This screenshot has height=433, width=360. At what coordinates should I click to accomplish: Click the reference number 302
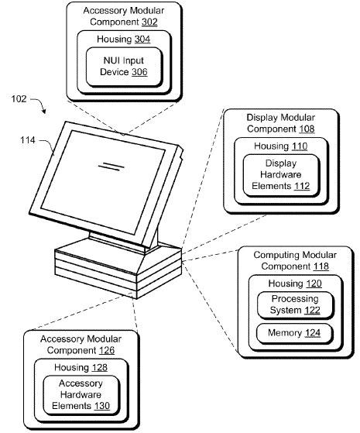pos(149,22)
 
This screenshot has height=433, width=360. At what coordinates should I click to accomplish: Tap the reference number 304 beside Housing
pos(142,40)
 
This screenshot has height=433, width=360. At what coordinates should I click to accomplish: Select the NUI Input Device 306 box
pos(124,67)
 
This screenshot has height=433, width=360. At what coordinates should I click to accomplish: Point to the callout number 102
pos(19,98)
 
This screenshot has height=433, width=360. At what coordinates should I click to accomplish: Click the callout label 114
pos(28,140)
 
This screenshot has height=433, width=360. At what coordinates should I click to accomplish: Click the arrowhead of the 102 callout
pos(43,111)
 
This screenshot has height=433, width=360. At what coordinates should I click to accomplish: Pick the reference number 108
pos(307,129)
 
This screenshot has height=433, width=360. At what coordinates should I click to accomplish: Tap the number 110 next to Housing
pos(300,146)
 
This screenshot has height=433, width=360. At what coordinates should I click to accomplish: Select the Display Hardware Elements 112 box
pos(281,175)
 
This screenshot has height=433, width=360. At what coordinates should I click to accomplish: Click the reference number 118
pos(321,266)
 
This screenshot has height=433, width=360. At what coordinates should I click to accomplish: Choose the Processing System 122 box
pos(296,305)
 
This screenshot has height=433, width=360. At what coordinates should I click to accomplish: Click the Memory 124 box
pos(295,333)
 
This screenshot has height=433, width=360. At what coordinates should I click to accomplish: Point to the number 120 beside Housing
pos(314,284)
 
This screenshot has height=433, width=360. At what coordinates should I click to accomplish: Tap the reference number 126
pos(107,350)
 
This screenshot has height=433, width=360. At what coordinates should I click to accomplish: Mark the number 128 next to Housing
pos(100,367)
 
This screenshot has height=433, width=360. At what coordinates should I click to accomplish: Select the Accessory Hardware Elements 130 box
pos(81,395)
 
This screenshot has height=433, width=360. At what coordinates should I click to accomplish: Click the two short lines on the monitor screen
pos(111,167)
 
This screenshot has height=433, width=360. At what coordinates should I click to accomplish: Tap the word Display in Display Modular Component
pos(261,118)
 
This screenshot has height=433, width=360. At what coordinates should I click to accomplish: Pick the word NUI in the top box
pos(111,60)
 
